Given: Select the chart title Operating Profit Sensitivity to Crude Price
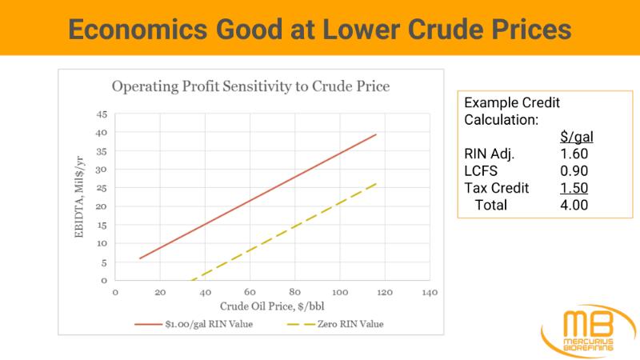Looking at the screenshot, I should click(250, 86).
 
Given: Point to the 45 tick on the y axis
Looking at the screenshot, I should click(102, 114).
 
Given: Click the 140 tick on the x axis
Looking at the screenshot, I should click(429, 293).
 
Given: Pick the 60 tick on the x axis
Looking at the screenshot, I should click(250, 293).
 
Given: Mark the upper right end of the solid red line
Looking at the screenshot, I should click(376, 135).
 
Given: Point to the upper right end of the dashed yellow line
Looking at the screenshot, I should click(376, 183).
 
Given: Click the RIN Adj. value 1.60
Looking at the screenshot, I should click(576, 154).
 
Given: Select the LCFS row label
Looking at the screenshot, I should click(482, 171).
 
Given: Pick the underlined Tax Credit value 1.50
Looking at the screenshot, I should click(576, 188).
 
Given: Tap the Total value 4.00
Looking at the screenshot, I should click(576, 206).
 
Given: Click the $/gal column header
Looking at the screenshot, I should click(576, 138).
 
